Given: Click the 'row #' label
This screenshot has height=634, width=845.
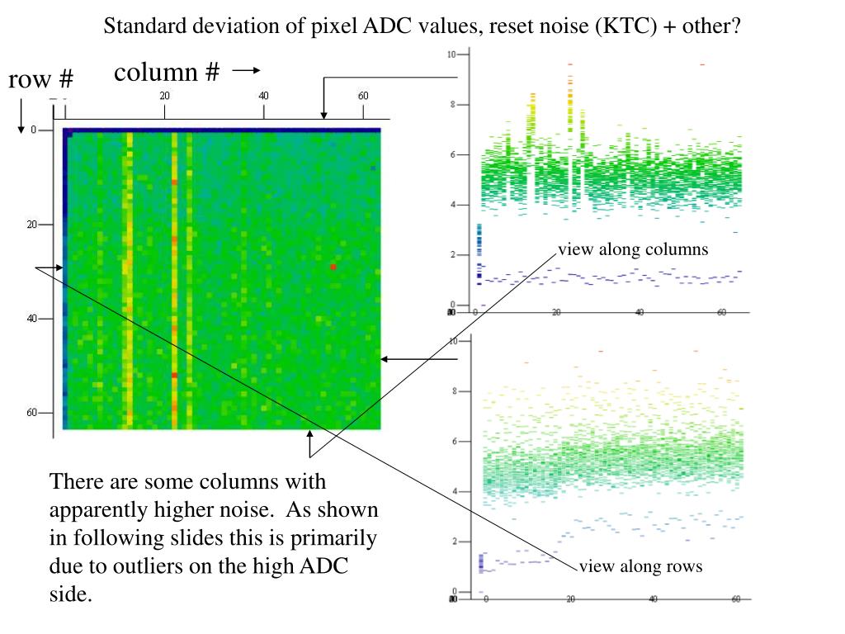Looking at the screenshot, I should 41,80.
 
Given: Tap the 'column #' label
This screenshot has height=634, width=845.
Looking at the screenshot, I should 167,73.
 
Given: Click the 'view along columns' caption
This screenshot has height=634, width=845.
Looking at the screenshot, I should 633,249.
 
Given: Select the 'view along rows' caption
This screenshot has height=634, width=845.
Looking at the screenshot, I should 640,566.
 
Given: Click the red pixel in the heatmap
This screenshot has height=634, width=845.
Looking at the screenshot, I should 333,267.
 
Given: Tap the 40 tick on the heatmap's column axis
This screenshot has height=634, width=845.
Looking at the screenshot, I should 263,96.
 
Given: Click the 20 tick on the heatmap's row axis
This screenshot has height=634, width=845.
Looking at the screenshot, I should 32,225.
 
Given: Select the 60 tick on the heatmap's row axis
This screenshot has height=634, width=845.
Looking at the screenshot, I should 32,413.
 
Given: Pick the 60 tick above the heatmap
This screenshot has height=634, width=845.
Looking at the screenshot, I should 363,96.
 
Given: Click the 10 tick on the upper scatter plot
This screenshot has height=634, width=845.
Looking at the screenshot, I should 451,54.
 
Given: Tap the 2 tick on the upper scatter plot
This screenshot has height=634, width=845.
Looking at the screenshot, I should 452,255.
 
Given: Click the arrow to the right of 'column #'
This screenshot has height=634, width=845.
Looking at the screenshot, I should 246,72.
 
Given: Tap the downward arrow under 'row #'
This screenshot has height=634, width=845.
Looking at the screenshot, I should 21,116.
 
